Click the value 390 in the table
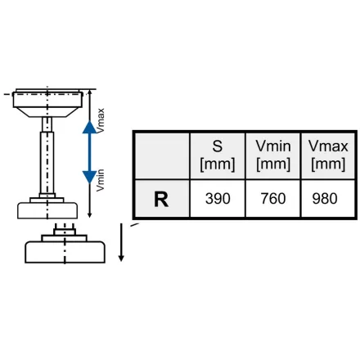click(x=218, y=199)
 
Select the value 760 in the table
click(x=273, y=199)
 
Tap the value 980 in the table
click(x=325, y=199)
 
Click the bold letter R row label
click(x=161, y=200)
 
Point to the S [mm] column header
click(x=218, y=155)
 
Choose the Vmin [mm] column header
click(x=273, y=155)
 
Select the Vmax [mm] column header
click(x=328, y=155)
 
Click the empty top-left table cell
click(x=162, y=155)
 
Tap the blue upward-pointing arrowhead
click(x=89, y=127)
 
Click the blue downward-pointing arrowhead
click(x=89, y=177)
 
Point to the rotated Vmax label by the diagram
click(x=101, y=120)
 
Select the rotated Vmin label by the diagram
click(x=101, y=180)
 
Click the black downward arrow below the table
click(x=121, y=242)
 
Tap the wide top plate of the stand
click(x=47, y=100)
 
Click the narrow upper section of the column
click(x=47, y=124)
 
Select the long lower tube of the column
click(x=47, y=163)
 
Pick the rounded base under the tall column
click(x=47, y=210)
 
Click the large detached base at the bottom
click(x=65, y=252)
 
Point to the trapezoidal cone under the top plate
click(x=47, y=112)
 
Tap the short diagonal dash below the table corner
click(x=134, y=225)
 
